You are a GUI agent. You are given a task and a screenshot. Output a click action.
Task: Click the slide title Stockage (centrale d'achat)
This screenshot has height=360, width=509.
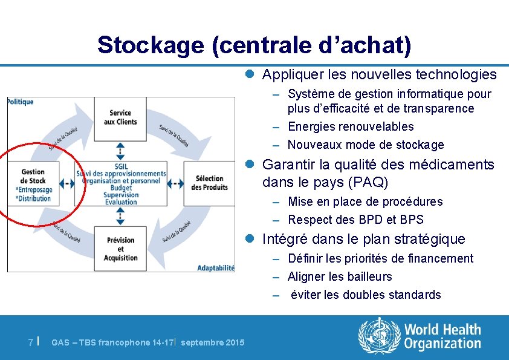(254, 45)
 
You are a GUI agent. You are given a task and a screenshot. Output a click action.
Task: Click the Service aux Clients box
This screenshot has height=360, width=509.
(120, 117)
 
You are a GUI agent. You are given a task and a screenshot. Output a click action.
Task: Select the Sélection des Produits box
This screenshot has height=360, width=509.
(209, 183)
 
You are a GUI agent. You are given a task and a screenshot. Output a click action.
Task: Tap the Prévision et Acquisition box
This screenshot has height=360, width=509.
(120, 249)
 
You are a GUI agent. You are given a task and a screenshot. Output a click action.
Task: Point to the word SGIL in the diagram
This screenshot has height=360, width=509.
(120, 166)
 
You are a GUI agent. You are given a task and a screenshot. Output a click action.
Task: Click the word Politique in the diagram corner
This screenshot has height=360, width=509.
(21, 102)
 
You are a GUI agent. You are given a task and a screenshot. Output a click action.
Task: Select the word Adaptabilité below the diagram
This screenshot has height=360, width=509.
(216, 267)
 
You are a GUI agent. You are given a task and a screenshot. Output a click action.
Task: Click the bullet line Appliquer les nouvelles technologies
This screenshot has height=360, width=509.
(379, 74)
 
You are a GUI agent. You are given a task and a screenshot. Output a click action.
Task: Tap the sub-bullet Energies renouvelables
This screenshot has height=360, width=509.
(351, 126)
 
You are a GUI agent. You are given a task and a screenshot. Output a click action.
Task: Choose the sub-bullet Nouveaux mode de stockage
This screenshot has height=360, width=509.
(365, 145)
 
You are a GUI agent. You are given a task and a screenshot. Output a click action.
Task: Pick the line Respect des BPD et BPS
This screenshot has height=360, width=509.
(355, 220)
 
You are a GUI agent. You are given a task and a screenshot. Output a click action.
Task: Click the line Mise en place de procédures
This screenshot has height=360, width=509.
(365, 201)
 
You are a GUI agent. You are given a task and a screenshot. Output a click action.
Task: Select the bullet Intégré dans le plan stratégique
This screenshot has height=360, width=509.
(363, 239)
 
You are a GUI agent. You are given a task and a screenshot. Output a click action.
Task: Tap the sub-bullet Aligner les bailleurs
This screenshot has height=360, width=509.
(340, 277)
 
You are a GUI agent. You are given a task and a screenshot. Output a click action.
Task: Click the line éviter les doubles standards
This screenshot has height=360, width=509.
(366, 295)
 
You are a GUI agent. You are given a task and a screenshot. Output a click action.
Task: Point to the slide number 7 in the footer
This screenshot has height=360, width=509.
(31, 342)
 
